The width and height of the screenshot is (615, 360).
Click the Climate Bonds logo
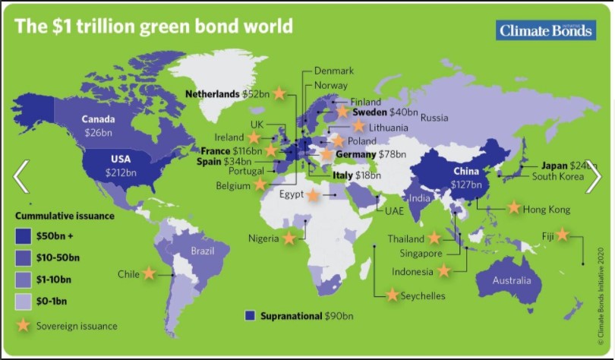545,30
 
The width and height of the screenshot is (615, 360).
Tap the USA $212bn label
121,166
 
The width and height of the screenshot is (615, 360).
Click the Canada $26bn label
99,125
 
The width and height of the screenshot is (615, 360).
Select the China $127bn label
467,178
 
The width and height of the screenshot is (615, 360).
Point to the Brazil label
203,251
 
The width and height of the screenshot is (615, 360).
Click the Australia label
511,281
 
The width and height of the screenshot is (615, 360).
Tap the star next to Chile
149,273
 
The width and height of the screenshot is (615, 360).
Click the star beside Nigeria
289,238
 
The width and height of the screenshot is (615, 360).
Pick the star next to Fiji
562,235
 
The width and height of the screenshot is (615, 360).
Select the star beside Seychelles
393,295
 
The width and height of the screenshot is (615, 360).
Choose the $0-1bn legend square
24,302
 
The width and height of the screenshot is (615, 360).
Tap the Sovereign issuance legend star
24,325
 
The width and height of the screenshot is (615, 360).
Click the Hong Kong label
547,209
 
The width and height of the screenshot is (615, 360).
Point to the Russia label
434,118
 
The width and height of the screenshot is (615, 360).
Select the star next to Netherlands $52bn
279,93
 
